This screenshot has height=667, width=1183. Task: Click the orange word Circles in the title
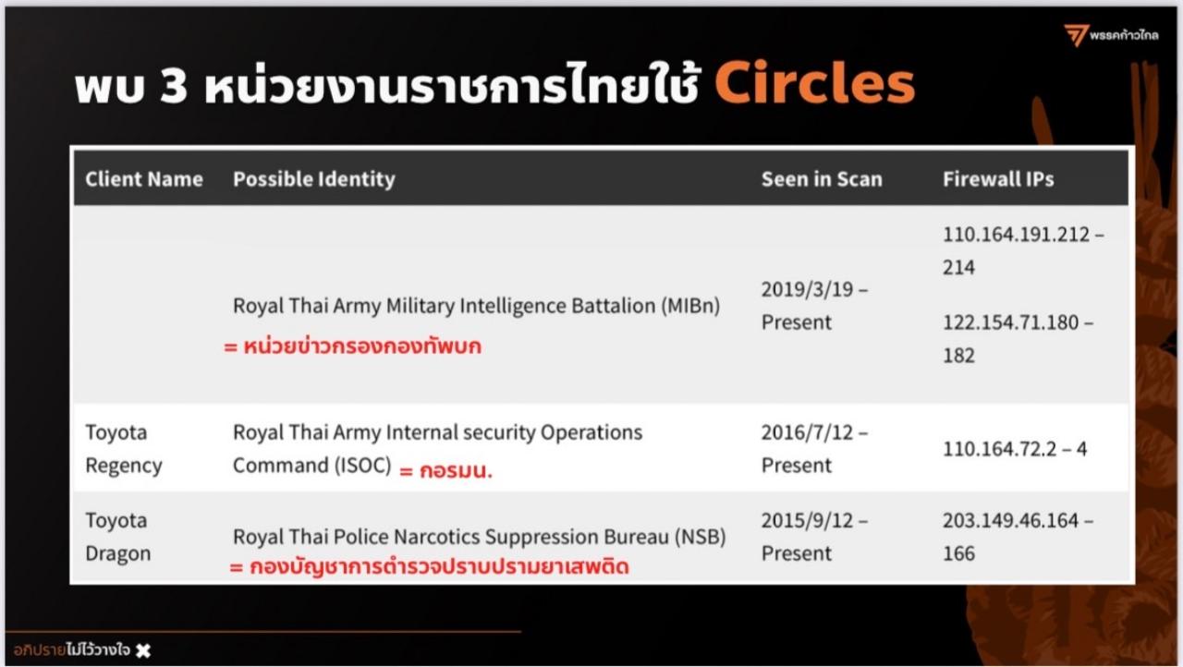815,83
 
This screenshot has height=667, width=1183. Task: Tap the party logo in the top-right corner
1111,35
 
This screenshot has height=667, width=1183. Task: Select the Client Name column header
144,179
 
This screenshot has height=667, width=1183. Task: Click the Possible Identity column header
314,179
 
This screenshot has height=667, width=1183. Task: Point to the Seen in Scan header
822,179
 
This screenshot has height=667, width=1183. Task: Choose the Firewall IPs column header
999,179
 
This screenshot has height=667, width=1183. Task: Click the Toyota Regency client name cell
124,449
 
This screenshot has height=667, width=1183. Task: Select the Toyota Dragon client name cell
117,537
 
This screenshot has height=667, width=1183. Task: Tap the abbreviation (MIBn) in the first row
690,306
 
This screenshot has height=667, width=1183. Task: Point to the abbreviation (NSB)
701,537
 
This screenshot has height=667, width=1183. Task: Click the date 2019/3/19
808,289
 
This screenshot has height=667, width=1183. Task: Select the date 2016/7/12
808,432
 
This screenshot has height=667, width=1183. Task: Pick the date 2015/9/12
808,521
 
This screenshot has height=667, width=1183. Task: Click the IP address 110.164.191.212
1017,235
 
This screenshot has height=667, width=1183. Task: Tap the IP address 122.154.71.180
1011,322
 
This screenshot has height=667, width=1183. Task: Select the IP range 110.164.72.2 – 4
1015,449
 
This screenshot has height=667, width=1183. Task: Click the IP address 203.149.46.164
1011,521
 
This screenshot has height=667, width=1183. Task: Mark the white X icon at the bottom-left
143,650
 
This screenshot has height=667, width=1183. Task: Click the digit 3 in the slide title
173,86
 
